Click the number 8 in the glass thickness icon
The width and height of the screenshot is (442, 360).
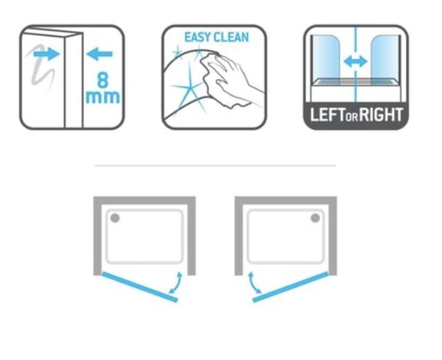(x=102, y=80)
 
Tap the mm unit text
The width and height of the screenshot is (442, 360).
(x=102, y=97)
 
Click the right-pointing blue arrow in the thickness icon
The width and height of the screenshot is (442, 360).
(x=46, y=54)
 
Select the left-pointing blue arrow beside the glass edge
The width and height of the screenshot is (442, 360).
(x=99, y=54)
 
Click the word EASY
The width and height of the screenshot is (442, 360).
(x=197, y=38)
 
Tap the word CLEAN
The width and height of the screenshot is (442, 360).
(x=231, y=38)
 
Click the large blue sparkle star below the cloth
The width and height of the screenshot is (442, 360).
(x=189, y=90)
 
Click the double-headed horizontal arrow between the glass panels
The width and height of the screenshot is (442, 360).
(x=356, y=62)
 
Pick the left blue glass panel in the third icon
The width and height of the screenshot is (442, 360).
(x=326, y=60)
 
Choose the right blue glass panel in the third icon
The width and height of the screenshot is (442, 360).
(x=385, y=60)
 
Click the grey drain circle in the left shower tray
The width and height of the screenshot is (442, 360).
(x=115, y=218)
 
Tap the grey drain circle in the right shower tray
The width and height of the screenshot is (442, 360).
(x=315, y=218)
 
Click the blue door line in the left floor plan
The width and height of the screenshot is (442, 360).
(x=140, y=287)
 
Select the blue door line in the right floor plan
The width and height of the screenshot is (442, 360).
(x=291, y=287)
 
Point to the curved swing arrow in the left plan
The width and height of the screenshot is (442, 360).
(x=177, y=283)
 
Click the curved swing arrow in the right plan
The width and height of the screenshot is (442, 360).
(x=253, y=283)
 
